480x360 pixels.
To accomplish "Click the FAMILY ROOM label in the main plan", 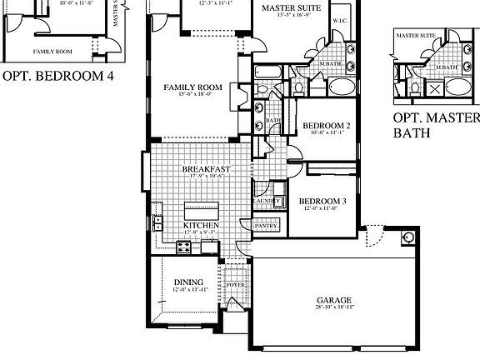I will pos(192,87).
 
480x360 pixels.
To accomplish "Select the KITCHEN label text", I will pos(201,225).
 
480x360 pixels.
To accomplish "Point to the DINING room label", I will pos(188,282).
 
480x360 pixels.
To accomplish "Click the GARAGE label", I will pos(333,300).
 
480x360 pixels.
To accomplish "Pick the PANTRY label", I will pos(265,225).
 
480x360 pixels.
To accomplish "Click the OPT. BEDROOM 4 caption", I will pos(57,77).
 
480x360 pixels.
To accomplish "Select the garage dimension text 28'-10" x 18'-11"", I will pos(334,307).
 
